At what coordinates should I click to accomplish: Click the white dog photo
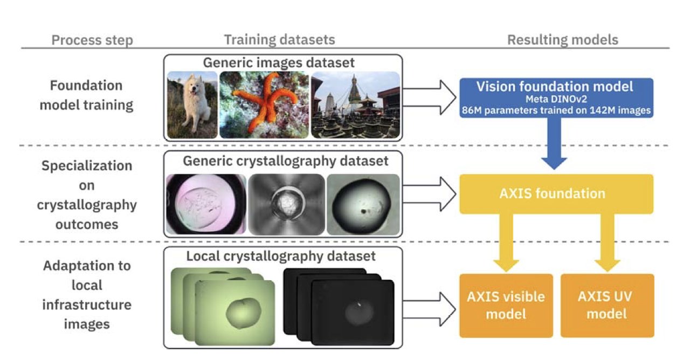coord(192,106)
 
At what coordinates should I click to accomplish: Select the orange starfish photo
coord(264,105)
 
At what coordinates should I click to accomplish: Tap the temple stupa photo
coord(355,105)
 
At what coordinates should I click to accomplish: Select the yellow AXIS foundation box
coord(556,193)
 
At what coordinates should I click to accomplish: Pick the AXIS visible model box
coord(506,305)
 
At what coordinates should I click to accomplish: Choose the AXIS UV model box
coord(608,305)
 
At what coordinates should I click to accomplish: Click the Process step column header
coord(92,40)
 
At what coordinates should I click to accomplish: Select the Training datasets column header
coord(279,40)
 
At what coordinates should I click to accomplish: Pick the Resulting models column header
coord(562,40)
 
